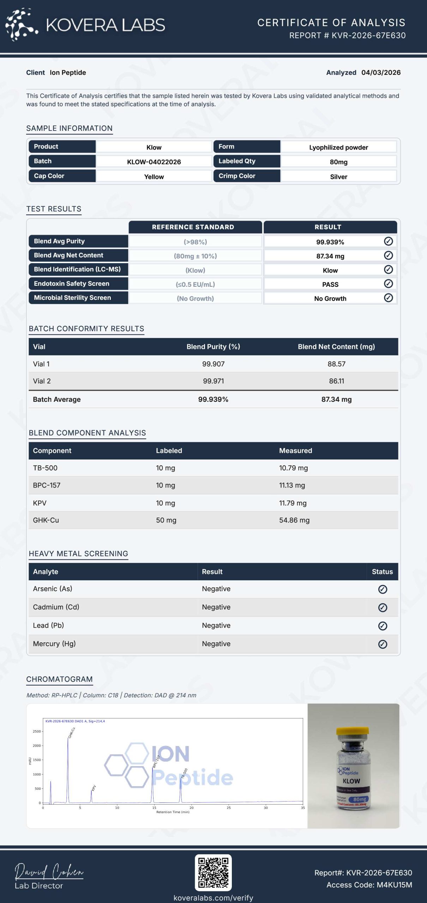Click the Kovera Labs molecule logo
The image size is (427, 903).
[21, 24]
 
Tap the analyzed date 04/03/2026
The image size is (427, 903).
[381, 73]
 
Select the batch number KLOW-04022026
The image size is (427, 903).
[154, 162]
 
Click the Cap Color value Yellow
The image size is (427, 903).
[154, 177]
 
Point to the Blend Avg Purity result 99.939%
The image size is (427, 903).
[330, 242]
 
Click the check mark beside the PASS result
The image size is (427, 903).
[388, 284]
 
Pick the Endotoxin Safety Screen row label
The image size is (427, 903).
[72, 284]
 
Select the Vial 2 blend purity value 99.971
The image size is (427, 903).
[213, 381]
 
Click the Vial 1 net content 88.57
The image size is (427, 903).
[336, 364]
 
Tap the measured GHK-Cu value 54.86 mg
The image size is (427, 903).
[294, 520]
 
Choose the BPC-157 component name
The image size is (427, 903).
[47, 485]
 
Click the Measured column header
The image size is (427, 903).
[295, 451]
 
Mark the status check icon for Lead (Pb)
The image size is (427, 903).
[383, 626]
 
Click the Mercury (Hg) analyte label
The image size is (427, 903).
[54, 644]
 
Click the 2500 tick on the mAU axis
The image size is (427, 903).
[37, 732]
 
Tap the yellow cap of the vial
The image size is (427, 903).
[353, 731]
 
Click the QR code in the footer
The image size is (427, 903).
[213, 872]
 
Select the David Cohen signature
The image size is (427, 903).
[49, 871]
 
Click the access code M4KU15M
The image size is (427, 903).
[394, 885]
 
